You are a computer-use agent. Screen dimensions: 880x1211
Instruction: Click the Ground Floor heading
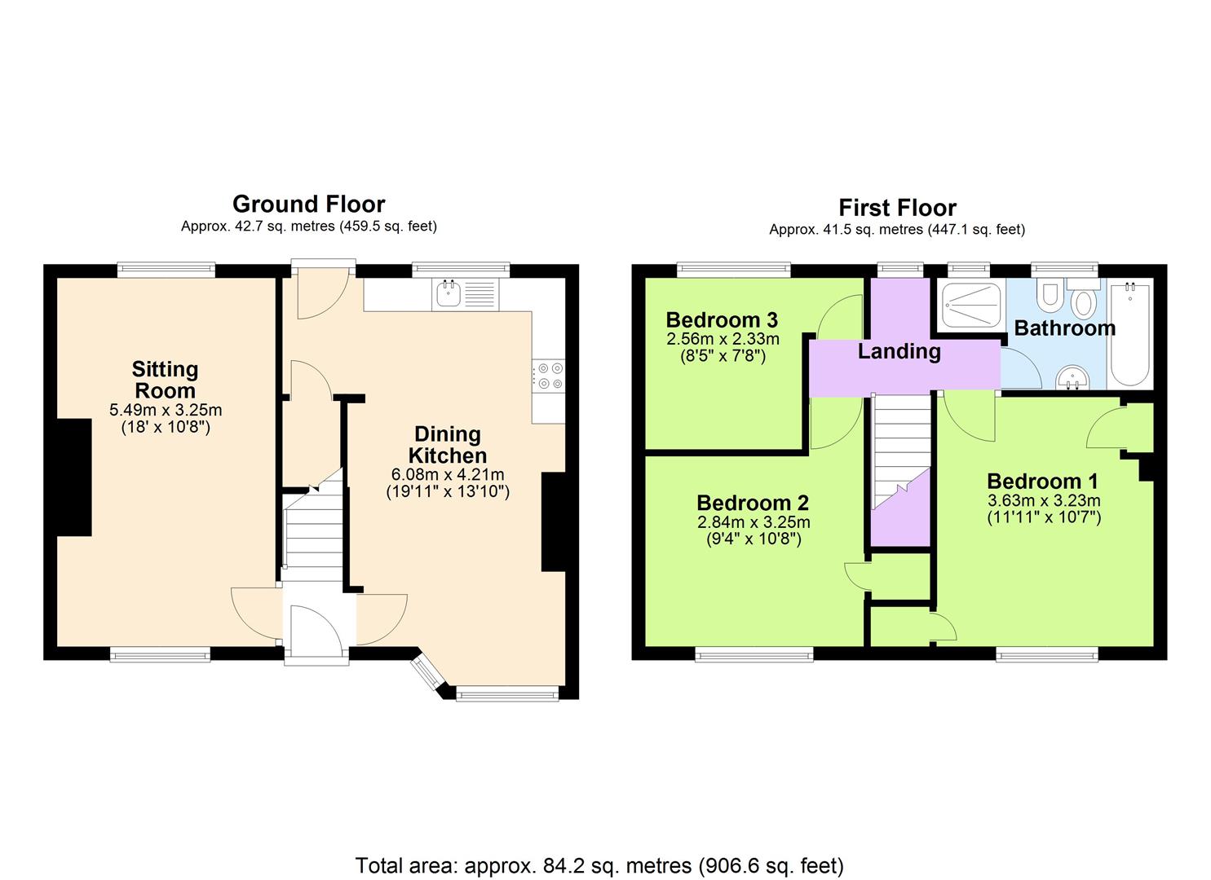pos(308,204)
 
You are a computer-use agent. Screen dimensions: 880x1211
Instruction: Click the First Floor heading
pos(897,207)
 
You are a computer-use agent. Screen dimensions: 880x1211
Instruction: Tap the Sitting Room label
pos(165,380)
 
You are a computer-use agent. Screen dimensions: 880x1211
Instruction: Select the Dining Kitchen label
pos(448,445)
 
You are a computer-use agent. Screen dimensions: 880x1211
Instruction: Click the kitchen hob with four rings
pos(548,375)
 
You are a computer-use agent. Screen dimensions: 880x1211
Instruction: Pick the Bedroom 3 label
pos(722,319)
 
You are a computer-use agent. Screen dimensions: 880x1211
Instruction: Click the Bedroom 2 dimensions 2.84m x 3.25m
pos(754,522)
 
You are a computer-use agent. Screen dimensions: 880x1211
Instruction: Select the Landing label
pos(899,351)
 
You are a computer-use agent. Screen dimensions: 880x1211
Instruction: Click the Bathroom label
pos(1064,328)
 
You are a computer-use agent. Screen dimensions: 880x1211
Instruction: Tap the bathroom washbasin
pos(1074,378)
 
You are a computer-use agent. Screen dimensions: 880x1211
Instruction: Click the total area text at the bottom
pos(599,865)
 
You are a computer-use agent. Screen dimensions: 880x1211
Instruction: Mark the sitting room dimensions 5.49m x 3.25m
pos(166,410)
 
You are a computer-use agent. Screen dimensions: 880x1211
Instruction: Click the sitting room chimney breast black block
pos(73,477)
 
